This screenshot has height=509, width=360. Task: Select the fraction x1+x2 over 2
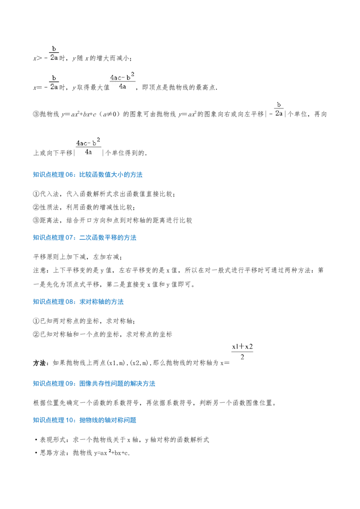click(x=243, y=352)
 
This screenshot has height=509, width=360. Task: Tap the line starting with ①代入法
click(x=104, y=194)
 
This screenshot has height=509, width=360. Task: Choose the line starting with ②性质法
click(x=84, y=207)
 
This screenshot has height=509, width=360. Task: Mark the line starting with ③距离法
click(x=112, y=220)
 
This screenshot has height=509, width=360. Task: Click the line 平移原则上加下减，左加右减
click(x=78, y=257)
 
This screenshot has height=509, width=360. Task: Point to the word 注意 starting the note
click(x=40, y=270)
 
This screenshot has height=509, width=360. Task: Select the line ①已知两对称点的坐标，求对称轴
click(x=84, y=321)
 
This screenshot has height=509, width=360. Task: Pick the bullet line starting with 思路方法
click(x=82, y=453)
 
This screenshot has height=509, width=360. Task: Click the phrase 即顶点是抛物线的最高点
click(x=180, y=87)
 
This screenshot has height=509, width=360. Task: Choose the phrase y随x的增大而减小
click(x=102, y=58)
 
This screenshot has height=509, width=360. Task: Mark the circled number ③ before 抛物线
click(x=36, y=114)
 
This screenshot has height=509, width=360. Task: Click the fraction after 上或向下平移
click(x=88, y=147)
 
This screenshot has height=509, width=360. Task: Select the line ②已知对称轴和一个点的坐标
click(x=103, y=335)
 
